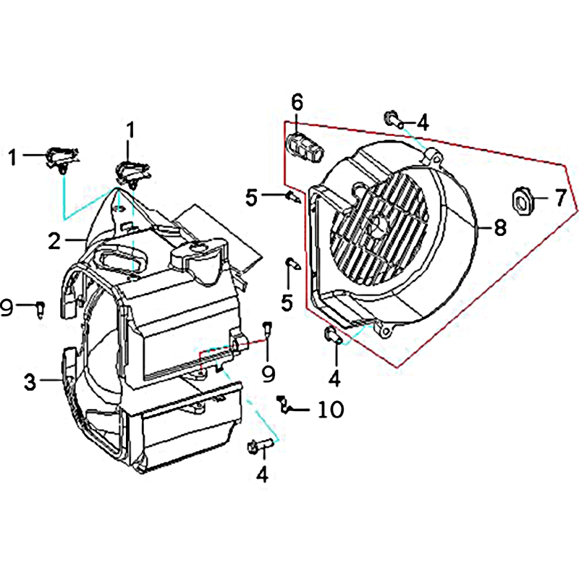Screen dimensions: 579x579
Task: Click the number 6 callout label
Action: coord(297,103)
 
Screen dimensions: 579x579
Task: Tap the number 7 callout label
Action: coord(560,198)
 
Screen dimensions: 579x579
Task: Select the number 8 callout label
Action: coord(500,227)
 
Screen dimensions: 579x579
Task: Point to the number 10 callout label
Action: coord(331,410)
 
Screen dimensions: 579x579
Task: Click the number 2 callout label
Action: coord(54,241)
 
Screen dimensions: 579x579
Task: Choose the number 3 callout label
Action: coord(30,382)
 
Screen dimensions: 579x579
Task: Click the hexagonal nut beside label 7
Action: coord(522,200)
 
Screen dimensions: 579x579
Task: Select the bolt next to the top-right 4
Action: coord(393,119)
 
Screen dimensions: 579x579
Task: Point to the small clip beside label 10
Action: coord(284,405)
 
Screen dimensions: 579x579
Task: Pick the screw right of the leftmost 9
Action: coord(41,309)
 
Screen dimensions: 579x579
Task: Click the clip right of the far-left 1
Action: coord(62,159)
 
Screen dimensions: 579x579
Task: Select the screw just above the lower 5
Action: coord(293,263)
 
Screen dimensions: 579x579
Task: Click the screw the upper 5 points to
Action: coord(293,197)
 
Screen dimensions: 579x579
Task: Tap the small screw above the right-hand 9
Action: coord(267,329)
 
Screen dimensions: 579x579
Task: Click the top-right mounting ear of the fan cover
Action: coord(433,157)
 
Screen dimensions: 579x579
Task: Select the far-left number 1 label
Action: coord(13,157)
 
